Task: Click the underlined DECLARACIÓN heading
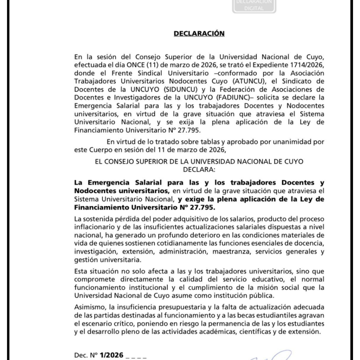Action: coord(199,34)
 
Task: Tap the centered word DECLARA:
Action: coord(199,169)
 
